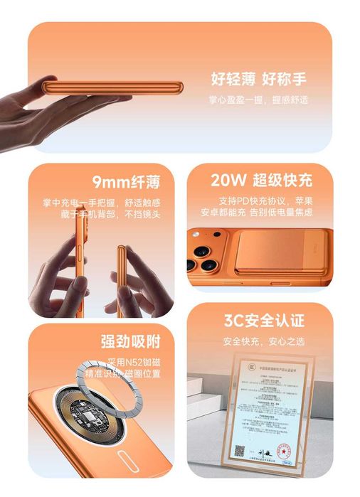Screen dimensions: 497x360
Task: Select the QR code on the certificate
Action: [240, 449]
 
